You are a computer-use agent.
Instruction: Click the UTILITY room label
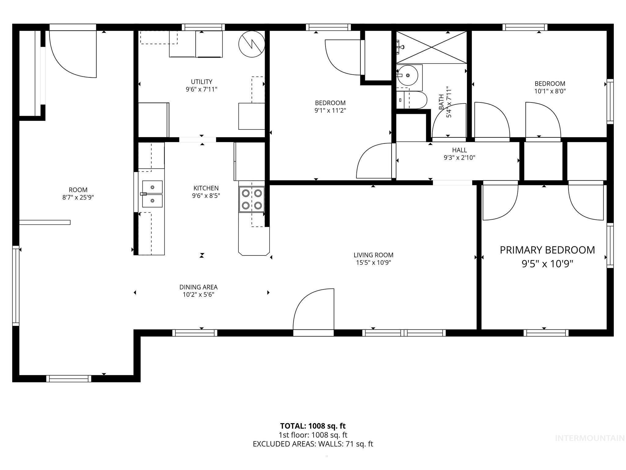(x=201, y=82)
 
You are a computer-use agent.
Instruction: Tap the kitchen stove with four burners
(x=252, y=199)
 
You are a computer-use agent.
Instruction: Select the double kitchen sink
(x=152, y=194)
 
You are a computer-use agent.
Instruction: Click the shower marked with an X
(x=431, y=47)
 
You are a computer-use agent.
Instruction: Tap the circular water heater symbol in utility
(x=252, y=44)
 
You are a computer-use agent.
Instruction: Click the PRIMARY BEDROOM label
(x=547, y=250)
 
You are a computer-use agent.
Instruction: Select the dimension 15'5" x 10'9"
(x=373, y=263)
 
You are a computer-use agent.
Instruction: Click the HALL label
(x=459, y=150)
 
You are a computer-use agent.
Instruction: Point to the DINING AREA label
(x=198, y=287)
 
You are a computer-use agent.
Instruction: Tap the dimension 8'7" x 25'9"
(x=78, y=197)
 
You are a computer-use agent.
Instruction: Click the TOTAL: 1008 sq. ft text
(x=313, y=426)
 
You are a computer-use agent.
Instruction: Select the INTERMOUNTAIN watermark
(x=590, y=438)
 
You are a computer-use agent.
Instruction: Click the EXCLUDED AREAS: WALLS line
(x=313, y=444)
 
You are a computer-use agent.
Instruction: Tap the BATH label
(x=441, y=102)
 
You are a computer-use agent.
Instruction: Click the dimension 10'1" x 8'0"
(x=550, y=91)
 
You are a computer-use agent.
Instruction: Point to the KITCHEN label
(x=206, y=188)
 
